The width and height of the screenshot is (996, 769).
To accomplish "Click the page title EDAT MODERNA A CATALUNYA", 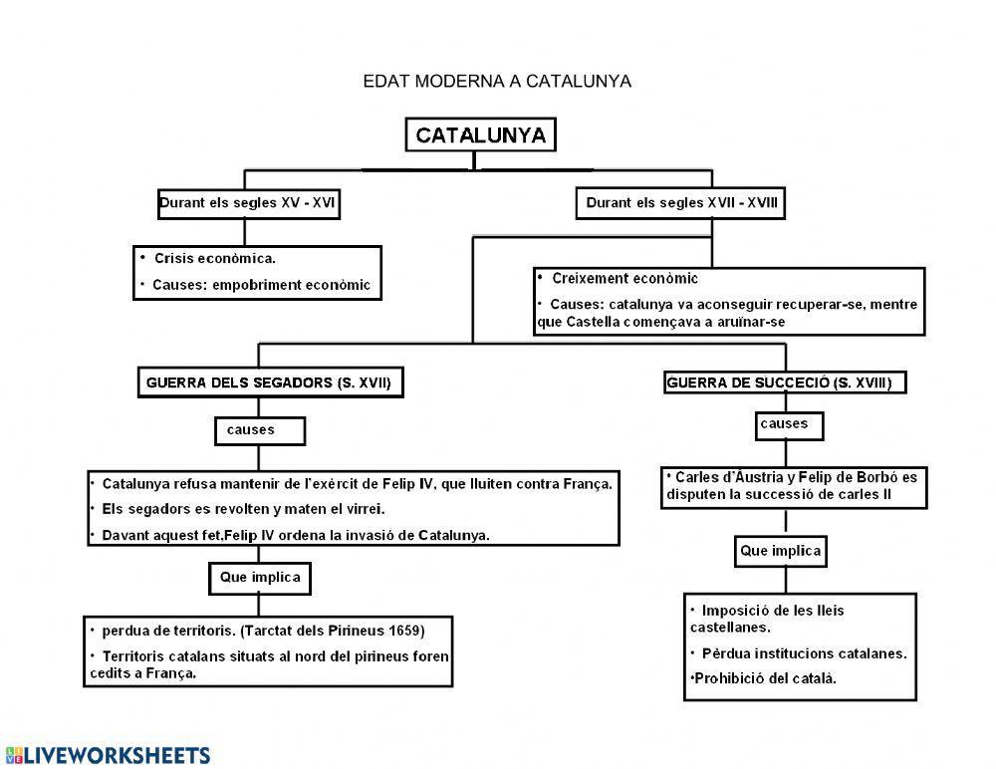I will [x=497, y=81].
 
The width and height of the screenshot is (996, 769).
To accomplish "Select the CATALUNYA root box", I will [x=480, y=135].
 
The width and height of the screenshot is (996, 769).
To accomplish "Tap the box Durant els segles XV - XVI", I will [x=247, y=203].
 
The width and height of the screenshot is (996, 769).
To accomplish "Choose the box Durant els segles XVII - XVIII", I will [x=680, y=203].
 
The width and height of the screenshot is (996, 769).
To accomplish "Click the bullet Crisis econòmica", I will [x=214, y=258].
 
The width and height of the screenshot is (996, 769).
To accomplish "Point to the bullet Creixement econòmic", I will [x=624, y=279].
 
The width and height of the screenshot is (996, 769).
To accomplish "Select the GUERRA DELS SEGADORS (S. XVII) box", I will [x=269, y=383].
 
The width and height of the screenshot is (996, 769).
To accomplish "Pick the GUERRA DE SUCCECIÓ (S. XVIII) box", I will [x=785, y=383].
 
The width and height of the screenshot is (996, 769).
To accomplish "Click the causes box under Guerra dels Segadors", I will [x=259, y=430].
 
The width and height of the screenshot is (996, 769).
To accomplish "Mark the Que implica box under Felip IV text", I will [x=259, y=577].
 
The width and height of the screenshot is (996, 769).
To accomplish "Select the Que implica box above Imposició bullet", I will [x=781, y=551].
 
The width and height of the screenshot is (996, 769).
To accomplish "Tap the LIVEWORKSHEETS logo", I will [x=108, y=754].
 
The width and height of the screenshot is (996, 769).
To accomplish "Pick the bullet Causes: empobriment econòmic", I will [x=261, y=285].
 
